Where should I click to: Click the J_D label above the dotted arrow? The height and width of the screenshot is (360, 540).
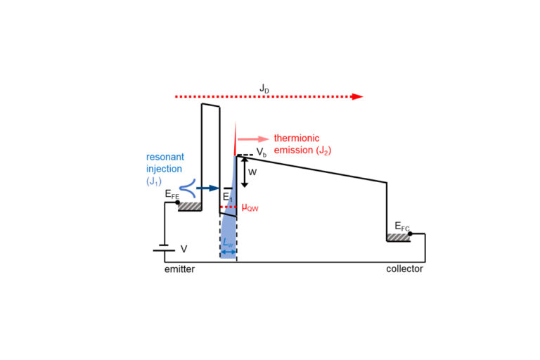[x=263, y=88]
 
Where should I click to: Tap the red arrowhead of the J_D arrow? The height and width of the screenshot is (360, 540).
[x=358, y=96]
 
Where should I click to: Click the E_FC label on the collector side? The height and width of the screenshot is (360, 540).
[x=401, y=226]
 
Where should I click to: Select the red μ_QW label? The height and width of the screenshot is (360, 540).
[x=252, y=207]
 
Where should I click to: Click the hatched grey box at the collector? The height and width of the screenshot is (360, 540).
[x=399, y=237]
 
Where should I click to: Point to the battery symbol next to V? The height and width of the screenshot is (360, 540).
[x=165, y=248]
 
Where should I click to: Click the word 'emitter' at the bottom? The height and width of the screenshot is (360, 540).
[x=179, y=269]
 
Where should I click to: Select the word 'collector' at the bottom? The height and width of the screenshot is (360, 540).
[x=405, y=269]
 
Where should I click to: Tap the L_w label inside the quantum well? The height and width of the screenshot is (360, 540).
[x=228, y=243]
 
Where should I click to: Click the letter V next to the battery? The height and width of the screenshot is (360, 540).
[x=185, y=248]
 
